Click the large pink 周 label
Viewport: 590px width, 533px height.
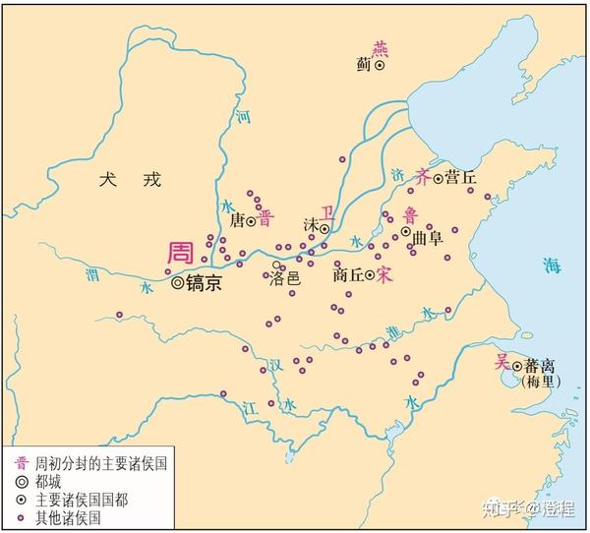click(x=180, y=252)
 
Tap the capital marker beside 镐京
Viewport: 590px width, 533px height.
click(x=177, y=282)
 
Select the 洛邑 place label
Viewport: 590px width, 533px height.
click(x=285, y=279)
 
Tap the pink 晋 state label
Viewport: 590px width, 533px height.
click(x=265, y=218)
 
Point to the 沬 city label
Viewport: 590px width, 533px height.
click(x=311, y=225)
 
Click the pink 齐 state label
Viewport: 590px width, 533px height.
click(x=424, y=178)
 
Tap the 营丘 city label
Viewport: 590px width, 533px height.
click(x=460, y=178)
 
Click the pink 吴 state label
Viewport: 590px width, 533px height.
click(x=501, y=361)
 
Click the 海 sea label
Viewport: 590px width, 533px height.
click(x=551, y=264)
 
